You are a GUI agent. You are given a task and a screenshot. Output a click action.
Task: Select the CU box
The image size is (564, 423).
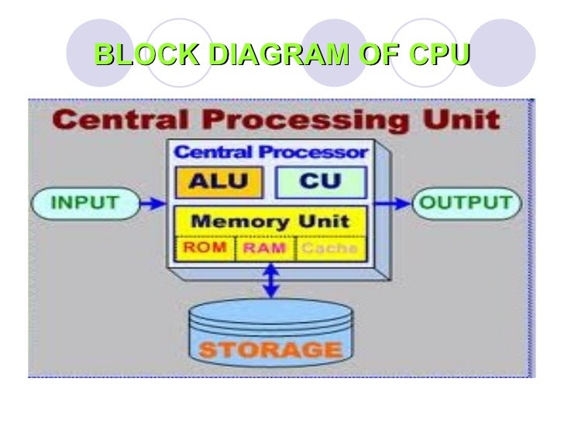coord(321,181)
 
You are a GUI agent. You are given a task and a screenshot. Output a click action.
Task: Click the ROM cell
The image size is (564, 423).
coord(205,248)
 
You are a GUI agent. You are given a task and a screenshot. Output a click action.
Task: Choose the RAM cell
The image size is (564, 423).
coord(265,248)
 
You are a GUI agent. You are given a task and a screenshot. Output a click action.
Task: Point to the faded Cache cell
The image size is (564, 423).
coord(328,248)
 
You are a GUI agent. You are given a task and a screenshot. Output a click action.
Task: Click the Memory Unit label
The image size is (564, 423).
coord(270,220)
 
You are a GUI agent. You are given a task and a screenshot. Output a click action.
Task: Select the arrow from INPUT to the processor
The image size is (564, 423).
coord(153,203)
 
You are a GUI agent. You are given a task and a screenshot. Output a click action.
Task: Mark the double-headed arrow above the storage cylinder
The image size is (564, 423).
coord(270,281)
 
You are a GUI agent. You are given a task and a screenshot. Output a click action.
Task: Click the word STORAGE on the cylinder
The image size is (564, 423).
coord(270,348)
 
